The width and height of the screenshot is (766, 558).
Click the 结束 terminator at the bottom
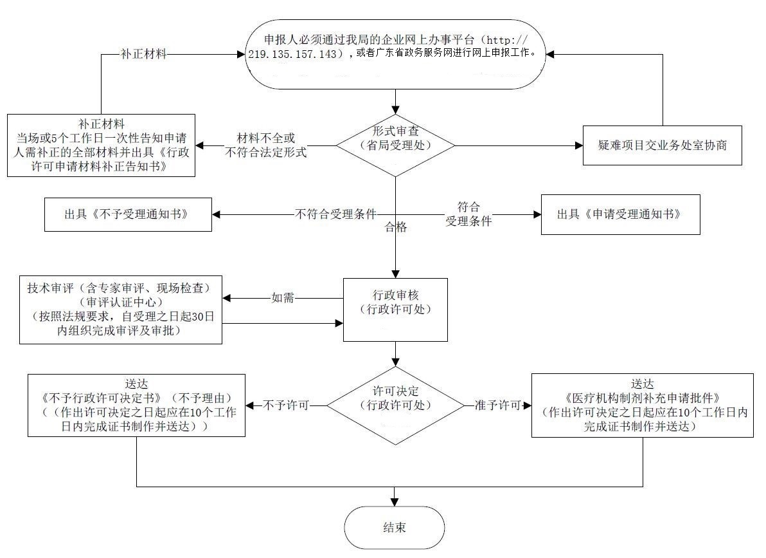[x=394, y=527]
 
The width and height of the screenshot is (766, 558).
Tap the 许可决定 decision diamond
[x=395, y=405]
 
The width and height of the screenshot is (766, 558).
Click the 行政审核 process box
[x=395, y=309]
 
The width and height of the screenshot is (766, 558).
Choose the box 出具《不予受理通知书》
[x=128, y=214]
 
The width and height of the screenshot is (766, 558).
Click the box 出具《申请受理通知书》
[x=620, y=214]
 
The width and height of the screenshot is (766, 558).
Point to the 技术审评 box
[x=121, y=309]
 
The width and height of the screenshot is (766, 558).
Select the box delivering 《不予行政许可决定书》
[x=136, y=405]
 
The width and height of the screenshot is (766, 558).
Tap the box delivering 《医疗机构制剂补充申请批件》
[x=643, y=405]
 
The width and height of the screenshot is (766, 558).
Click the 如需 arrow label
[x=283, y=299]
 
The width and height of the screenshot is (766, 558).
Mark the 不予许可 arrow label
[x=286, y=405]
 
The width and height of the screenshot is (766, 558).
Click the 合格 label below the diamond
[x=395, y=227]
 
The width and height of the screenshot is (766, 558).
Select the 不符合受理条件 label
[x=335, y=214]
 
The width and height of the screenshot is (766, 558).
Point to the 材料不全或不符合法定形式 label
[x=265, y=145]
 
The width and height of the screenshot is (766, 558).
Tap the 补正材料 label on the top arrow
[x=143, y=55]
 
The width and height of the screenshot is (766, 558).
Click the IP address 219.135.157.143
[x=293, y=55]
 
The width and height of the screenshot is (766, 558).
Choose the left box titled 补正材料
[x=102, y=145]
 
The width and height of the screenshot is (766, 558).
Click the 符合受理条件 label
[x=468, y=214]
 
